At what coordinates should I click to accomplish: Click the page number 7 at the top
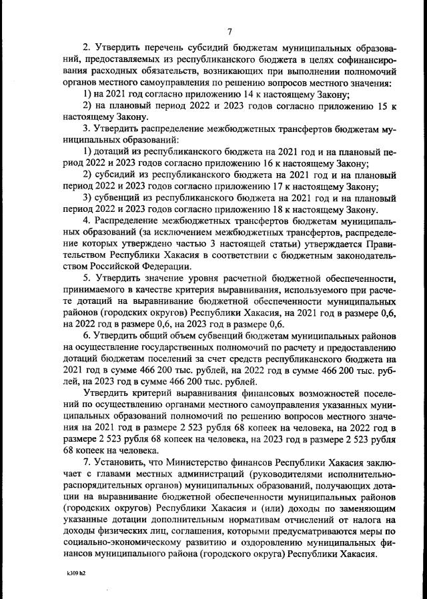click(x=229, y=31)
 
